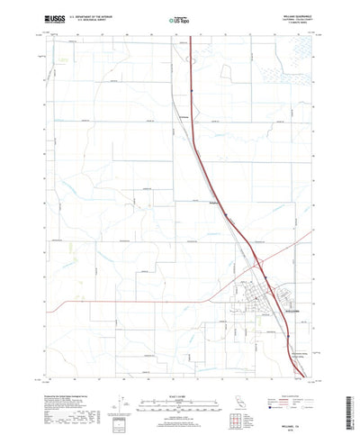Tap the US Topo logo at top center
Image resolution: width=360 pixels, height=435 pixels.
(x=179, y=17)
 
